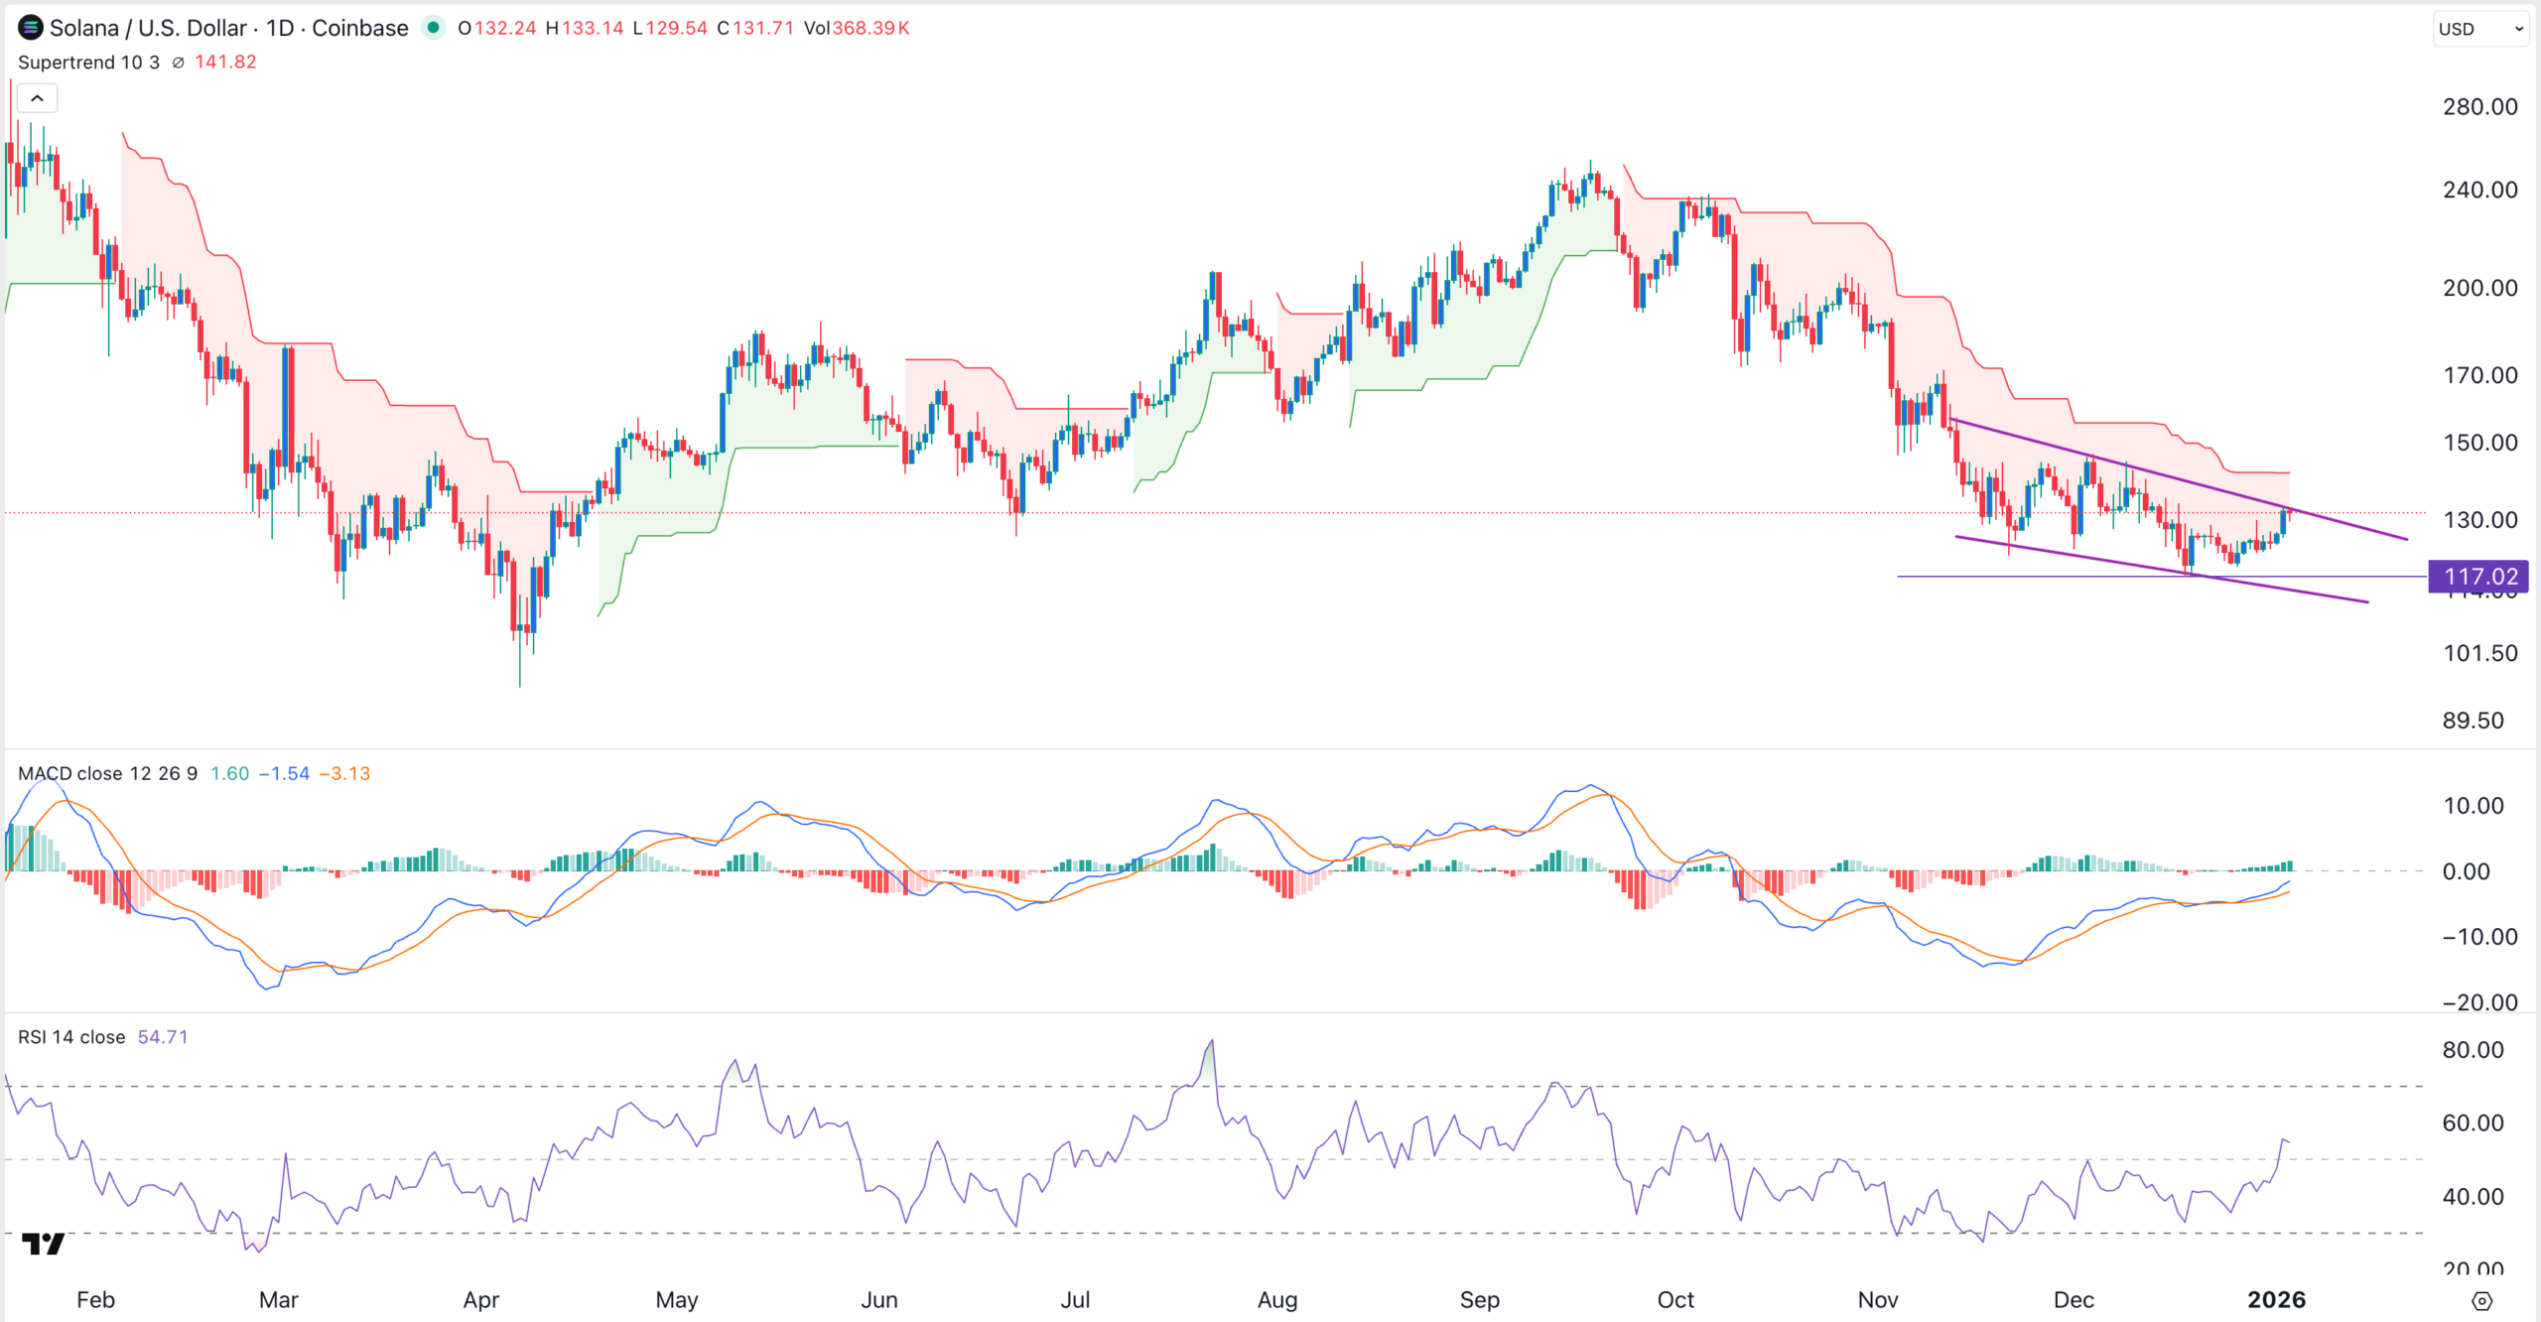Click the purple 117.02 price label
2478,577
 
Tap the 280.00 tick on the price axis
2479,107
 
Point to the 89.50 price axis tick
2473,721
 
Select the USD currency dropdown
2479,29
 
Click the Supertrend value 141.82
225,62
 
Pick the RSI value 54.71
162,1037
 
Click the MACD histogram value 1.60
229,773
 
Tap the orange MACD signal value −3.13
344,773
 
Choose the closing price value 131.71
762,28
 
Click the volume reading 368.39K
870,28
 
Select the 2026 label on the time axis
2276,1300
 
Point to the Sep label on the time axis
1479,1300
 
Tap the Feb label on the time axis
95,1300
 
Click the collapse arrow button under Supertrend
37,98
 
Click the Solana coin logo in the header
31,28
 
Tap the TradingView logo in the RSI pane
43,1244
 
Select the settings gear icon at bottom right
2481,1301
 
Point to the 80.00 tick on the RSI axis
2473,1050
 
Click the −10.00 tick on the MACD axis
2478,937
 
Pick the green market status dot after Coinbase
433,28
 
